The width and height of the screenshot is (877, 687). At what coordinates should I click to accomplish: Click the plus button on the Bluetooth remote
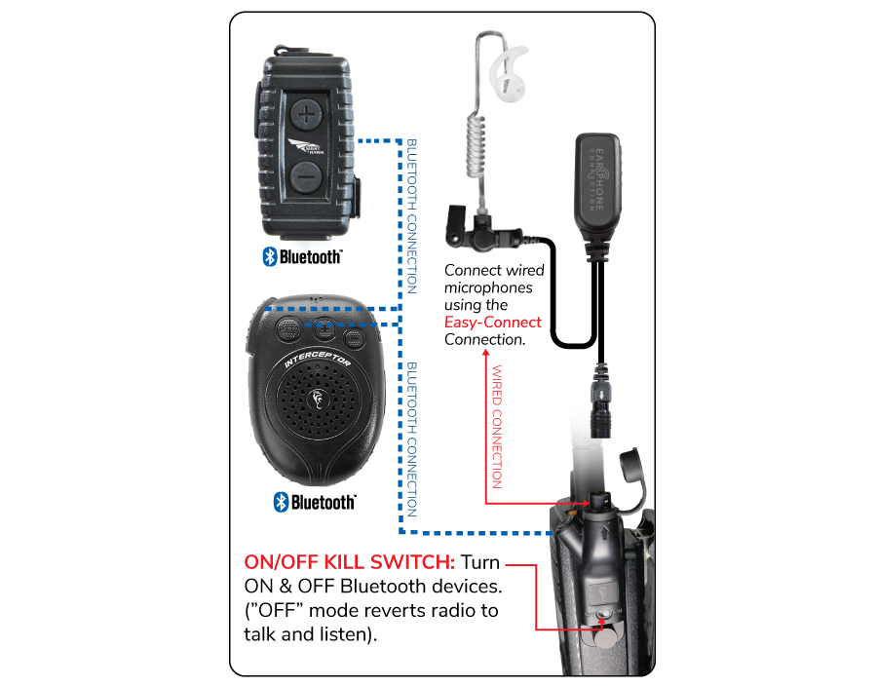coord(307,114)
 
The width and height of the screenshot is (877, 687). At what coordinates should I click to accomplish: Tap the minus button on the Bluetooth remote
coord(306,177)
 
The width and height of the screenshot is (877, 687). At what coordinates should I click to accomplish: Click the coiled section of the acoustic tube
coord(477,156)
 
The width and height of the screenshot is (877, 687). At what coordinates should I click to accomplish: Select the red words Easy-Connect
coord(492,323)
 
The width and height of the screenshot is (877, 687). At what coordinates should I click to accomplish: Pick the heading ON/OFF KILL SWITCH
coord(349,563)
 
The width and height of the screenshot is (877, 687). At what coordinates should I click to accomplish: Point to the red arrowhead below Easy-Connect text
coord(486,356)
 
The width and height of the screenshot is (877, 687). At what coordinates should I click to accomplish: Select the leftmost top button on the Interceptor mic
coord(288,330)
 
